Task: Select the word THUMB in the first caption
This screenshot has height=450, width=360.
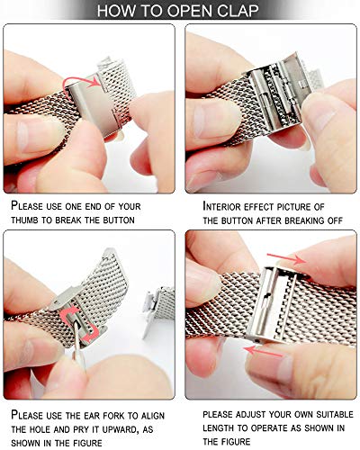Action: (x=24, y=220)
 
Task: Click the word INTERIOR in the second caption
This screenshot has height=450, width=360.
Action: (x=221, y=206)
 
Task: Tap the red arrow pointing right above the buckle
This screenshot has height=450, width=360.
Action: (x=286, y=258)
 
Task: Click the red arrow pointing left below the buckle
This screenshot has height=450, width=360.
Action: (x=263, y=351)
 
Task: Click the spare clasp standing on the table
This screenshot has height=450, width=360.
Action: (x=157, y=309)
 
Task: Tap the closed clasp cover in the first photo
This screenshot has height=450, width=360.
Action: (x=94, y=107)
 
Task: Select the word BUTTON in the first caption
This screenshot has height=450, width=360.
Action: (x=119, y=220)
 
